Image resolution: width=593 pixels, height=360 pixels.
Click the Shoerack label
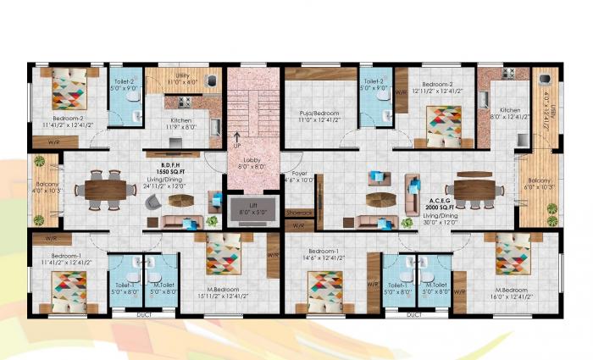[x=299, y=213]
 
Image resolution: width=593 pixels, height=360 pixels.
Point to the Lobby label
[x=252, y=160]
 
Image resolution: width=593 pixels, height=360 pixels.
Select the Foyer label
[x=299, y=173]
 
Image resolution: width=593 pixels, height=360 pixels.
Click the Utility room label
[x=182, y=75]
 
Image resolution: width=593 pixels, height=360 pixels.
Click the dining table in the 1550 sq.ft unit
[x=105, y=188]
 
